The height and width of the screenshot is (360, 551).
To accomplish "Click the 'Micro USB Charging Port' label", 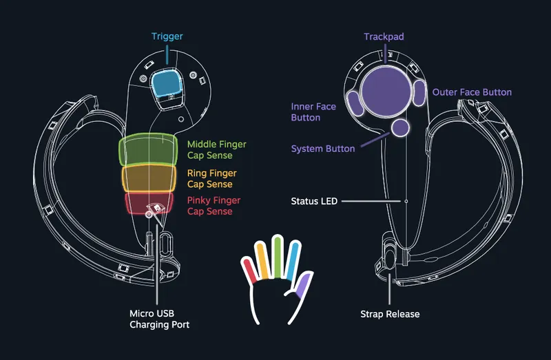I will pyautogui.click(x=159, y=319).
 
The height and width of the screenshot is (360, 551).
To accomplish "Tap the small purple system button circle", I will pyautogui.click(x=401, y=127).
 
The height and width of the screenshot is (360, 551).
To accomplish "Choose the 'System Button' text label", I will pyautogui.click(x=323, y=149).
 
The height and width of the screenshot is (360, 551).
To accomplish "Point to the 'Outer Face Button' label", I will pyautogui.click(x=472, y=92).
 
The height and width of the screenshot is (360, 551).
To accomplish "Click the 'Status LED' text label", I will pyautogui.click(x=313, y=201).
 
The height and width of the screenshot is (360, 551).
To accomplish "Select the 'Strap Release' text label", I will pyautogui.click(x=390, y=314).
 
